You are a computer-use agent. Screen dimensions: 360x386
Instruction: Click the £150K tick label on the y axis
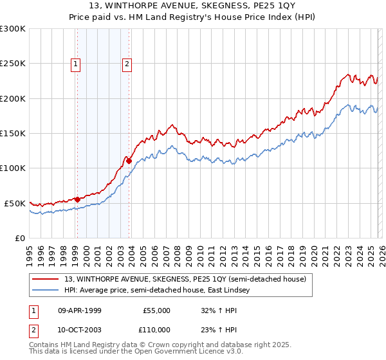[x=13, y=133]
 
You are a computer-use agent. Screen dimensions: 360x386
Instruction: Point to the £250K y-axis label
[x=13, y=64]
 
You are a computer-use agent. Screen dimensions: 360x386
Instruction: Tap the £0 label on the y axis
[x=19, y=238]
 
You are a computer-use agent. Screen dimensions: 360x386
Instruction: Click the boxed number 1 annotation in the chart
[x=76, y=63]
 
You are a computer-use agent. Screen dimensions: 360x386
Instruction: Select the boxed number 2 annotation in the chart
[x=127, y=63]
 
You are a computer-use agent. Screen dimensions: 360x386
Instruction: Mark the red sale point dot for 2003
[x=129, y=161]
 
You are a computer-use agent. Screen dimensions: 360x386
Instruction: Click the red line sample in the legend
[x=46, y=279]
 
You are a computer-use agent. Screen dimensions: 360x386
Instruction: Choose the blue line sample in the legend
[x=46, y=290]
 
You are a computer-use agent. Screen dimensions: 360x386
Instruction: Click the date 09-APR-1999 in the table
[x=80, y=310]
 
